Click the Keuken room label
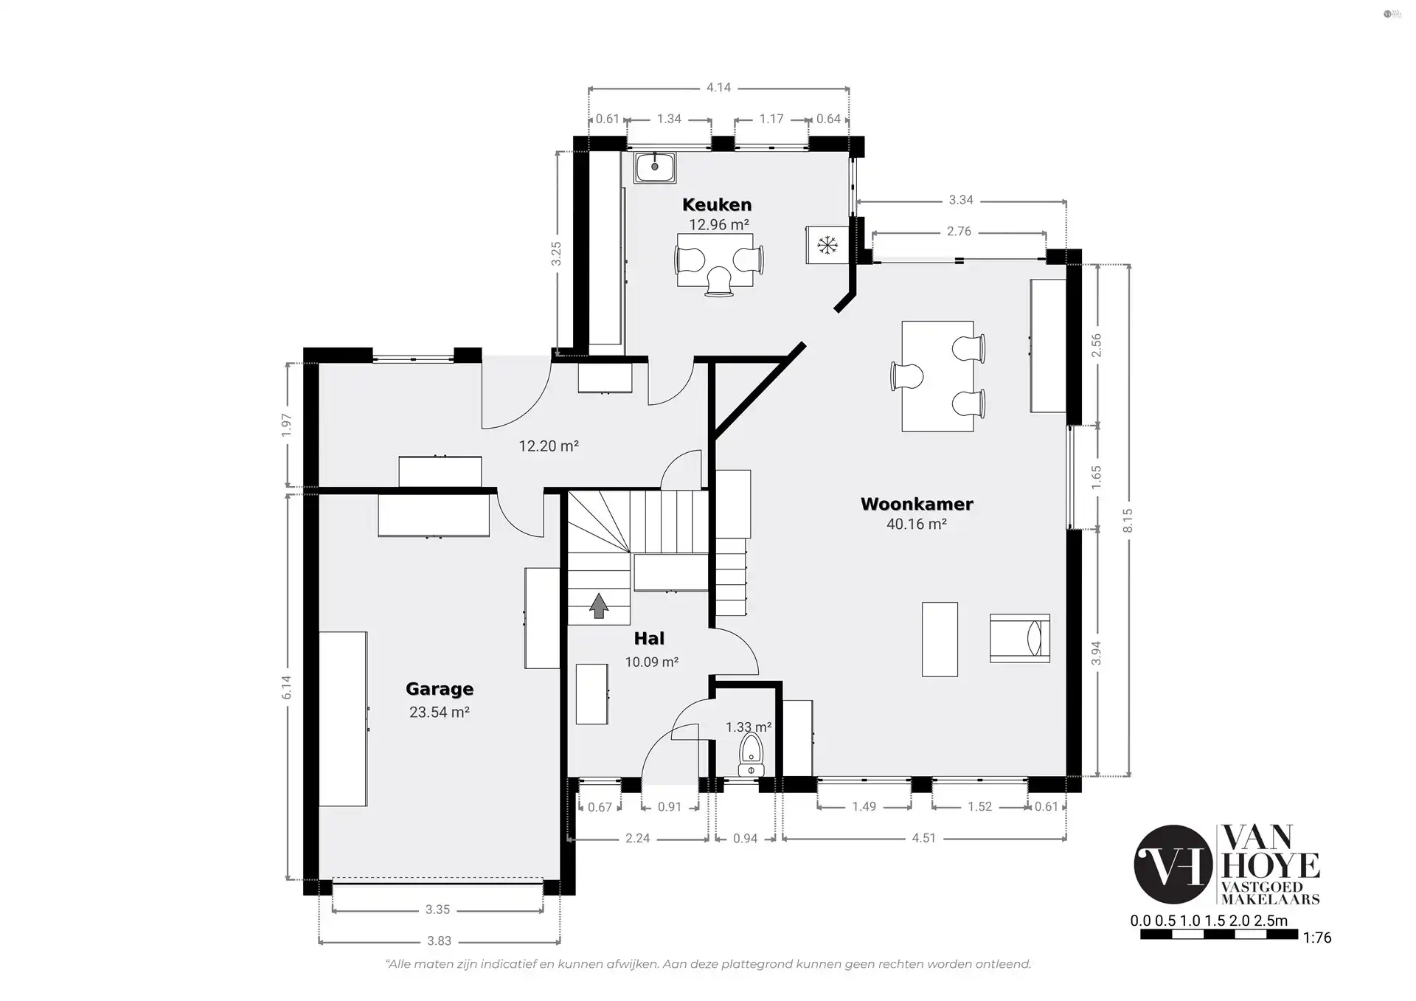[717, 204]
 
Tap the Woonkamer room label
[917, 504]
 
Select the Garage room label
[440, 689]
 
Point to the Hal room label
[649, 639]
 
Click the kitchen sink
[654, 167]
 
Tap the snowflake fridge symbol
[827, 245]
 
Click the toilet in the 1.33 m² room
[752, 754]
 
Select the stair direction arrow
[599, 605]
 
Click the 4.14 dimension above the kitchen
[718, 88]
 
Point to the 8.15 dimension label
[1128, 521]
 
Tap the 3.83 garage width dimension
[439, 941]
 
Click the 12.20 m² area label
[549, 446]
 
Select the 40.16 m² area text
[917, 524]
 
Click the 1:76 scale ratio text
[1317, 938]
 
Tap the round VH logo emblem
[1173, 865]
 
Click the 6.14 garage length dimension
[287, 687]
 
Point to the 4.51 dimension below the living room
[923, 838]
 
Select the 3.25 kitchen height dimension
[557, 254]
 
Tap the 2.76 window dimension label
[959, 232]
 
